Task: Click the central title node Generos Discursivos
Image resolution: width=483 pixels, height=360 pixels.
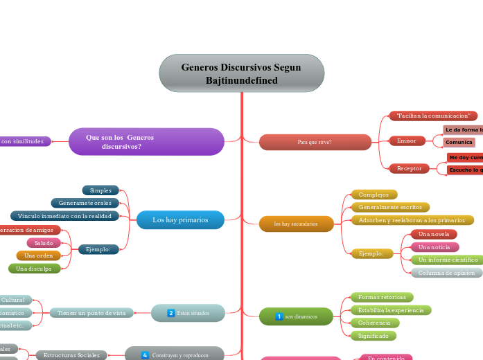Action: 241,73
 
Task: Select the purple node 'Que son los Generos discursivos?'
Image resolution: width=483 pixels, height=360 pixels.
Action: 146,142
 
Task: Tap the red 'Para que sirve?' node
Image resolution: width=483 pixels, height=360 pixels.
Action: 315,142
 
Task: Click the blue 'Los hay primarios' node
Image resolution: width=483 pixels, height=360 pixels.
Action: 180,219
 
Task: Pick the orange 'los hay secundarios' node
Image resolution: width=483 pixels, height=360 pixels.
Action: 296,224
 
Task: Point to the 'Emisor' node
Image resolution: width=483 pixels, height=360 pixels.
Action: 407,141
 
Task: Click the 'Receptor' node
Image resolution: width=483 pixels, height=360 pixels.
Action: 409,168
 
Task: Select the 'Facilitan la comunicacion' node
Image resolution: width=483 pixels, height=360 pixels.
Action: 433,116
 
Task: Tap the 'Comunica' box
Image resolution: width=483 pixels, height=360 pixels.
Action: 459,142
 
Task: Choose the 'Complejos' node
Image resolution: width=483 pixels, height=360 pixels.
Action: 374,195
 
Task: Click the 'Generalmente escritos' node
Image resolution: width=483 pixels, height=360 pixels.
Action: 390,207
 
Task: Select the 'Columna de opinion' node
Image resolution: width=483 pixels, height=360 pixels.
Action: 446,273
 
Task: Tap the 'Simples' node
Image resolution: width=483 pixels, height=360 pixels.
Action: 100,190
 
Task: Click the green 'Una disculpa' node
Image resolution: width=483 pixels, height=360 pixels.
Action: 35,268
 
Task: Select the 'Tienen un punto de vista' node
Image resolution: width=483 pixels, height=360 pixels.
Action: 91,313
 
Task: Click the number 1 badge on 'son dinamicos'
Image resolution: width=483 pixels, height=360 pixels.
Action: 279,316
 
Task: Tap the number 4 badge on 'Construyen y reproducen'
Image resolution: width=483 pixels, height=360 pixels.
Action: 145,355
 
